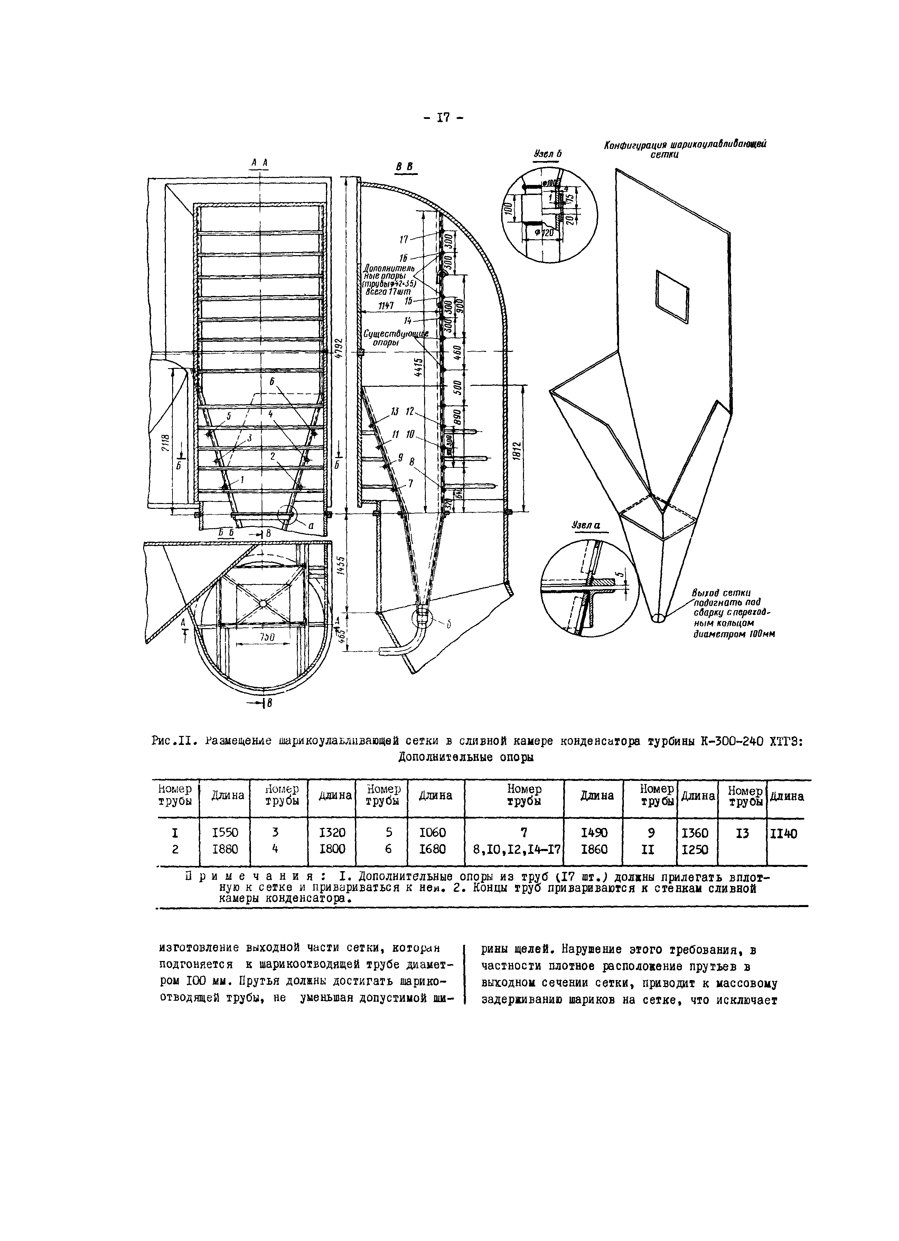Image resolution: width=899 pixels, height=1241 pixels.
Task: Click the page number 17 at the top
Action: (x=443, y=118)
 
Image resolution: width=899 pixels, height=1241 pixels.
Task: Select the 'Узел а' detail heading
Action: (x=586, y=525)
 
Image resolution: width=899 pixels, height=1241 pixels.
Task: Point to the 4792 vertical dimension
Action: (x=340, y=347)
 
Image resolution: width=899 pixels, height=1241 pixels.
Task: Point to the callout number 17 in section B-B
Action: (x=404, y=239)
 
